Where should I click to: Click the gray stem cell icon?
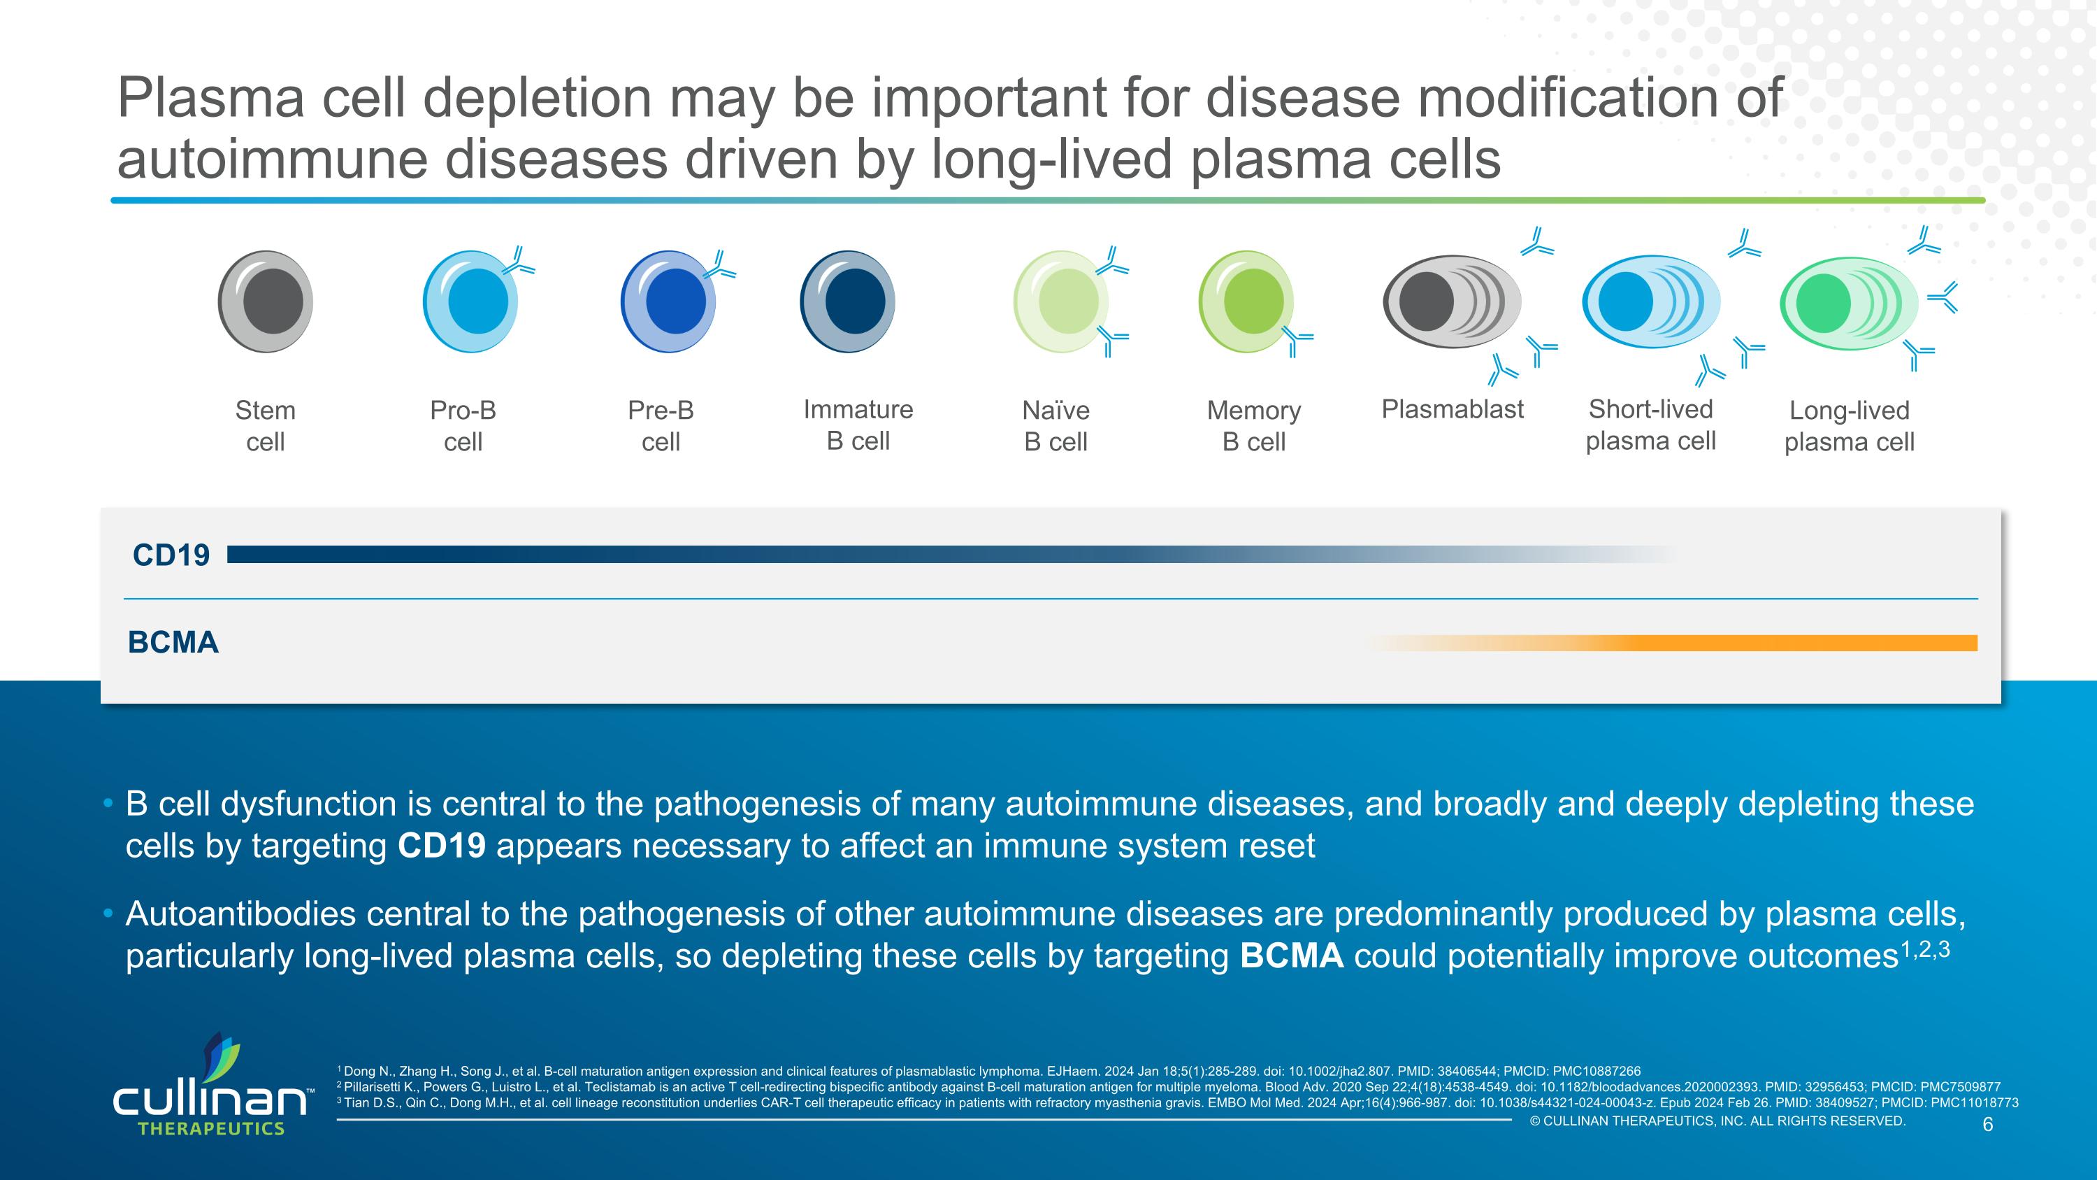[x=266, y=301]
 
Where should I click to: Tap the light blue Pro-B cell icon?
[x=470, y=301]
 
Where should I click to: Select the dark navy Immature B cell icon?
[x=846, y=301]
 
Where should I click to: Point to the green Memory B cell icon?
[x=1246, y=301]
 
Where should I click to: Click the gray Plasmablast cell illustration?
[x=1450, y=302]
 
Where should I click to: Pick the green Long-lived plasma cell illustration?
[x=1848, y=303]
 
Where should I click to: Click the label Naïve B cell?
[x=1055, y=425]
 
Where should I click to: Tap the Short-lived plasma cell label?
[x=1650, y=425]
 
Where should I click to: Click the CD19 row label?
[x=171, y=555]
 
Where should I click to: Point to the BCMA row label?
[x=173, y=643]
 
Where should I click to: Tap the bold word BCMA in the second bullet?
[x=1291, y=956]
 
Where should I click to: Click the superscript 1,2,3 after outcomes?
[x=1924, y=950]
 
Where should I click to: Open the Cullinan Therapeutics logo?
[x=210, y=1087]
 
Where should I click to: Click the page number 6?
[x=1987, y=1125]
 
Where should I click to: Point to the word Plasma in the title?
[x=210, y=98]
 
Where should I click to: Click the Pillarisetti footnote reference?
[x=1168, y=1087]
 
